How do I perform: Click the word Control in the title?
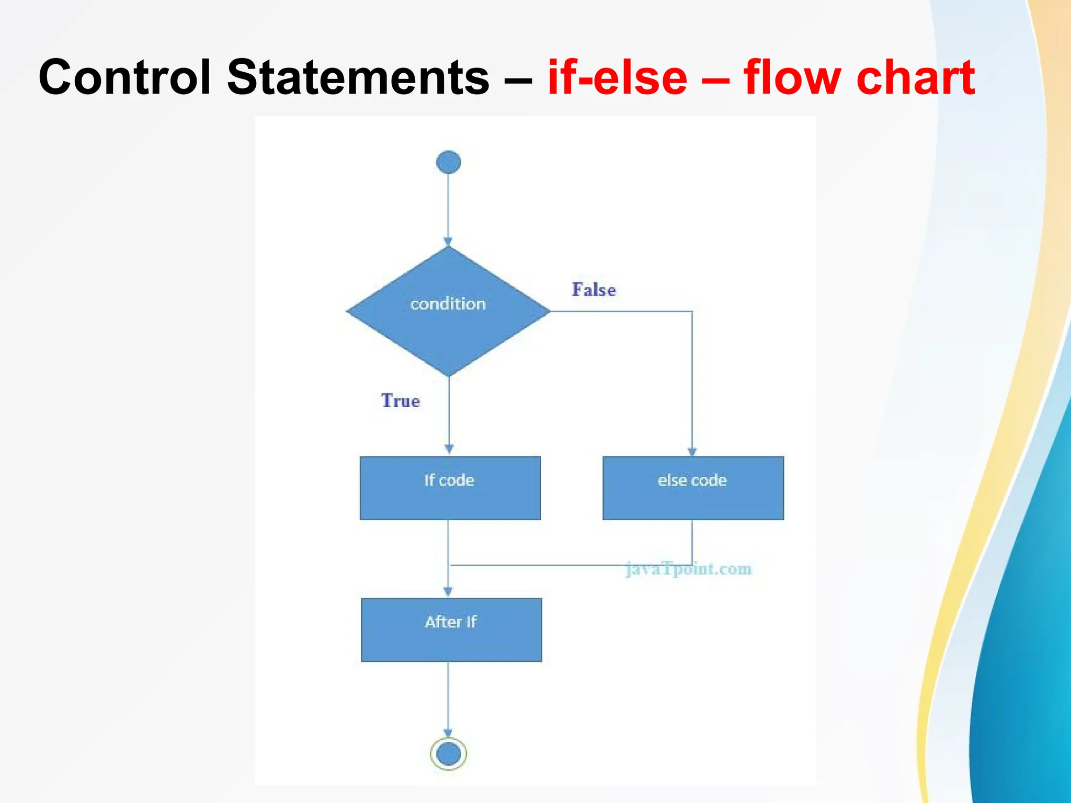pos(124,77)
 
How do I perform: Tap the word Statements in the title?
pos(358,77)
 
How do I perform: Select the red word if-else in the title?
pos(617,77)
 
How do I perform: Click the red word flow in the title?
pos(794,77)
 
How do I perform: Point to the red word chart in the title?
pos(915,77)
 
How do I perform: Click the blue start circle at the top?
pos(448,162)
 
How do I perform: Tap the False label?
pos(594,290)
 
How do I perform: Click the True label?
pos(401,400)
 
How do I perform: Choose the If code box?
pos(450,488)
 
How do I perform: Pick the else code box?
pos(693,488)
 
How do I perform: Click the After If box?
pos(451,630)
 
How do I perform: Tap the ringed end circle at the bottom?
pos(448,753)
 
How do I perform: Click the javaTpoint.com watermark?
pos(689,569)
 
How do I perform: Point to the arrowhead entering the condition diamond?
pos(448,242)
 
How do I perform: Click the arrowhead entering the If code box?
pos(449,449)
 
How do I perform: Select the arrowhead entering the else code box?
pos(692,452)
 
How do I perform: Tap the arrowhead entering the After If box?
pos(448,592)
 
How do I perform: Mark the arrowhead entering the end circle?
pos(448,733)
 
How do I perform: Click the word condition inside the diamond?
pos(448,304)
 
